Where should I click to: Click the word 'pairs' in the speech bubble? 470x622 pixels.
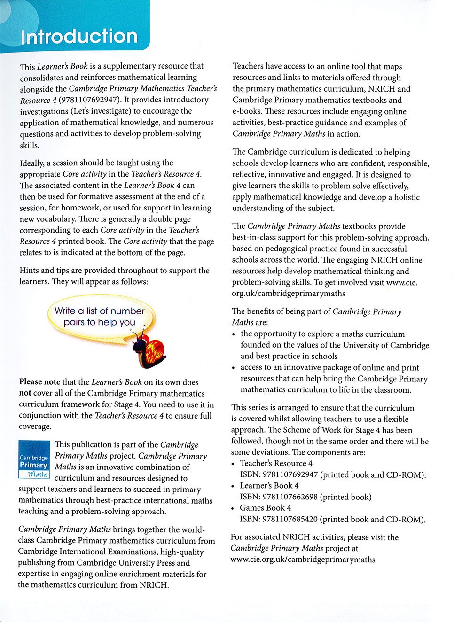click(x=73, y=323)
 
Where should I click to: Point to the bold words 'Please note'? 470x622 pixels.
click(x=39, y=382)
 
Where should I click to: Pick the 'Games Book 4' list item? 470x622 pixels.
click(x=266, y=508)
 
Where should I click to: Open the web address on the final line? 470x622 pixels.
click(x=303, y=560)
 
